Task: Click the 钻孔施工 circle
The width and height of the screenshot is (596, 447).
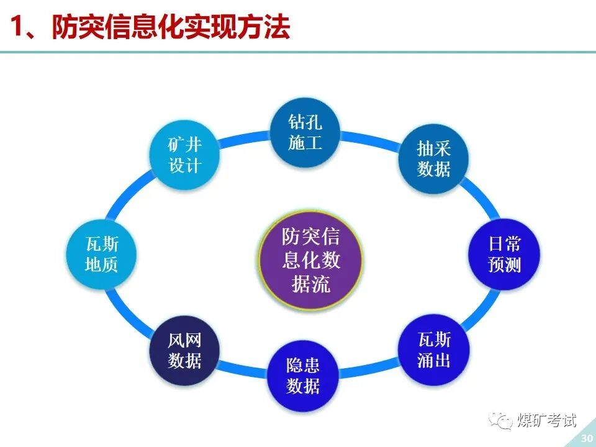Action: point(305,132)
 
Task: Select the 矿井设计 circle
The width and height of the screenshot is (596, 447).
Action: point(185,155)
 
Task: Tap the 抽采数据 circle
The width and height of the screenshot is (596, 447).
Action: point(433,158)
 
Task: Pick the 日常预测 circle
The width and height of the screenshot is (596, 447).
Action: point(504,255)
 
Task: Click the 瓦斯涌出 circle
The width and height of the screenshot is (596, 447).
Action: point(434,350)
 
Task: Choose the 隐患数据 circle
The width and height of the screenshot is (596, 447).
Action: point(303,376)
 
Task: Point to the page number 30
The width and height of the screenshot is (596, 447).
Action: point(585,438)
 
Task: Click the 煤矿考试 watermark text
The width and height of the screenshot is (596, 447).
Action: point(547,421)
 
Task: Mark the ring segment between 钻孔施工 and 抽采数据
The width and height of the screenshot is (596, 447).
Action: point(371,138)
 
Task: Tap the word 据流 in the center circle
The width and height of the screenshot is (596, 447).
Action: point(311,284)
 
